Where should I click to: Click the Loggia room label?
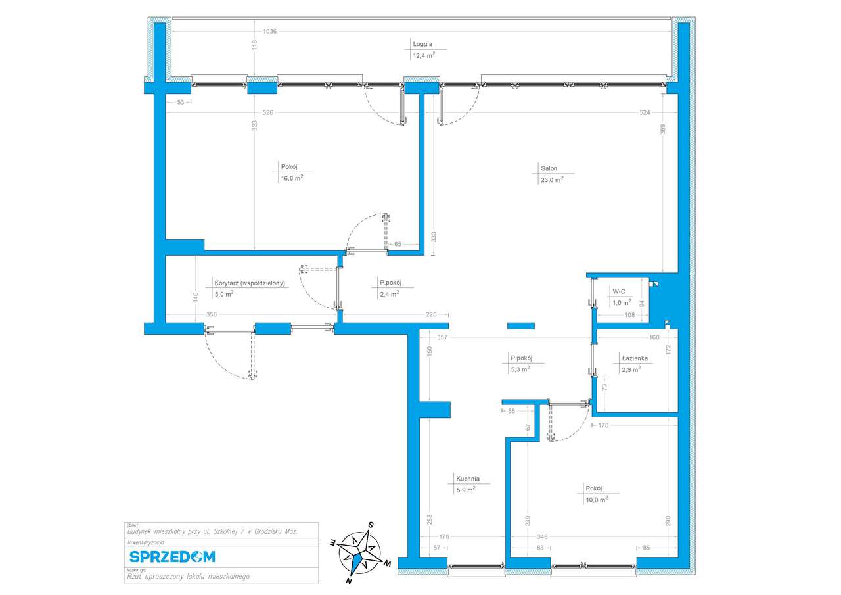tap(422, 45)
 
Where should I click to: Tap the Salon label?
tap(544, 168)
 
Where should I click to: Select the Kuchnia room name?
tap(468, 479)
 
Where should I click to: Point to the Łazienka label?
tap(635, 358)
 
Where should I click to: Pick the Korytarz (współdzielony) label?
tap(249, 283)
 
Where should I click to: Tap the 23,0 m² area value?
tap(551, 179)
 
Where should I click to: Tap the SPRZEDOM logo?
tap(171, 557)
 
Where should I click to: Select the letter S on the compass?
tap(371, 525)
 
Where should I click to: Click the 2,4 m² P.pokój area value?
tap(389, 295)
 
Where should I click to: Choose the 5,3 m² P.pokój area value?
tap(520, 369)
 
